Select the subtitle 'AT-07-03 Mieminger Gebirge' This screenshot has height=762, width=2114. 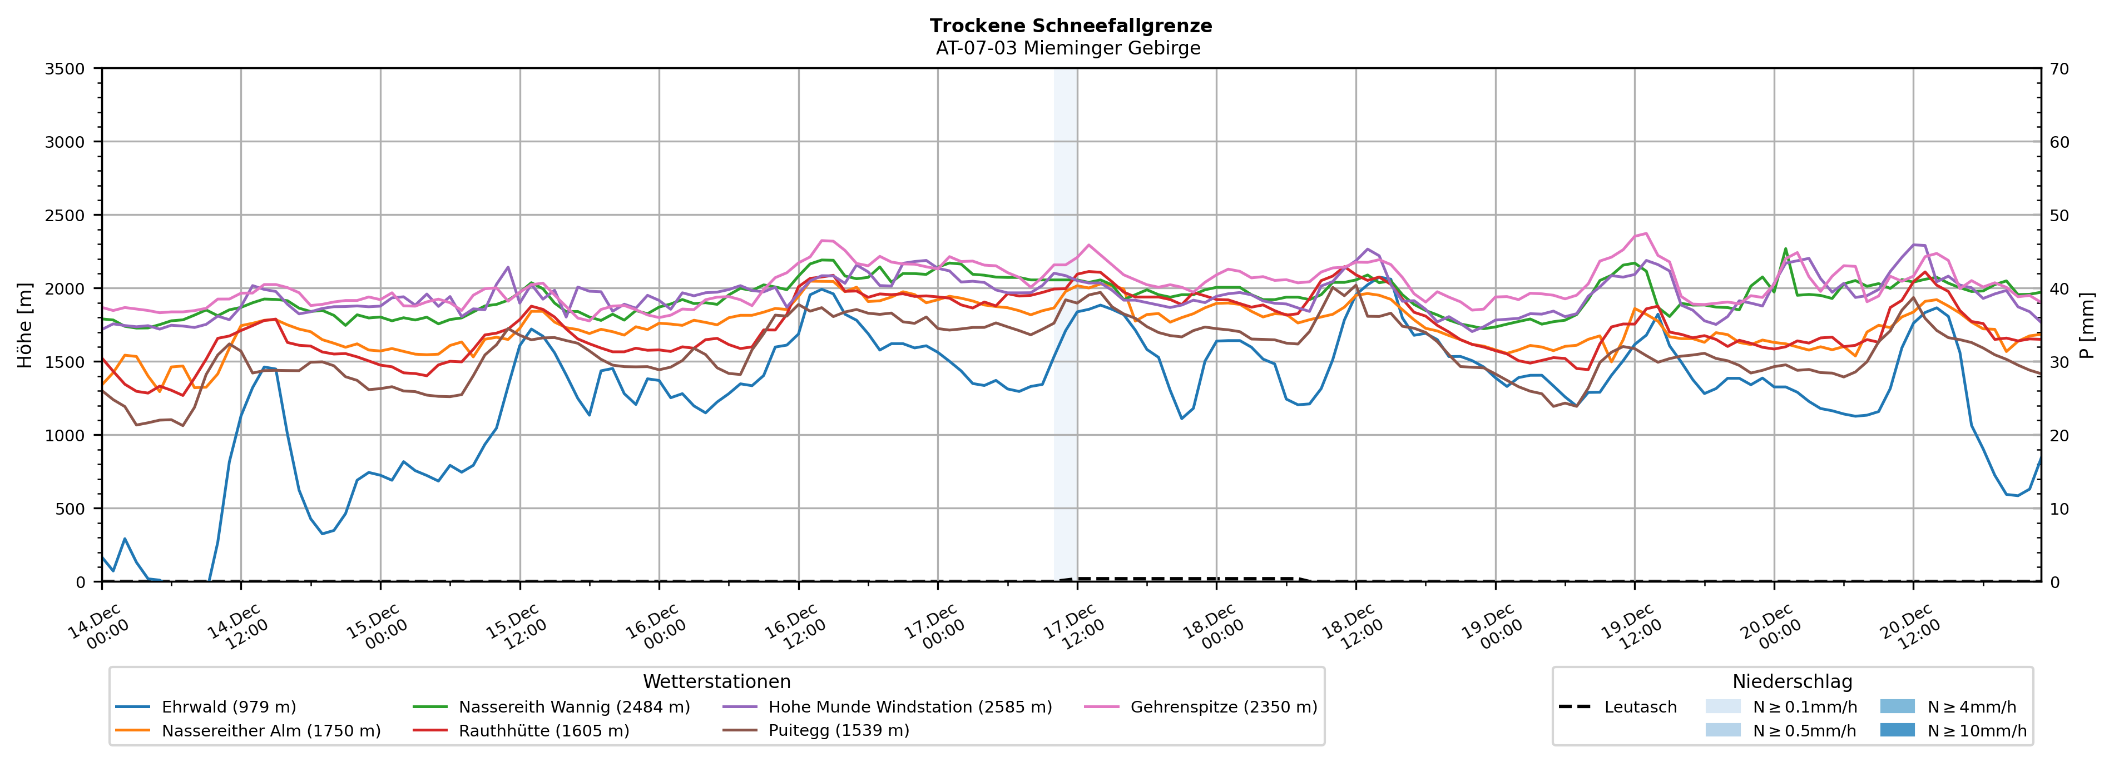click(1068, 48)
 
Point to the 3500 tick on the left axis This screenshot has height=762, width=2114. click(65, 69)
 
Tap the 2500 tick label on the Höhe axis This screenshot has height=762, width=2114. click(65, 216)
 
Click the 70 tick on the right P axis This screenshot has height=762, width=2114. click(2059, 69)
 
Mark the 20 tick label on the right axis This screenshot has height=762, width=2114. click(2059, 436)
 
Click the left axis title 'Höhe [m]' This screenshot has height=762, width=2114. click(26, 325)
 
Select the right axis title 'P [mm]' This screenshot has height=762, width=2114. click(2088, 325)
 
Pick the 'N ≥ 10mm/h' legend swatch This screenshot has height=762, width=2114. click(1897, 730)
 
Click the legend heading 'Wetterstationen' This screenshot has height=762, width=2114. click(716, 681)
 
